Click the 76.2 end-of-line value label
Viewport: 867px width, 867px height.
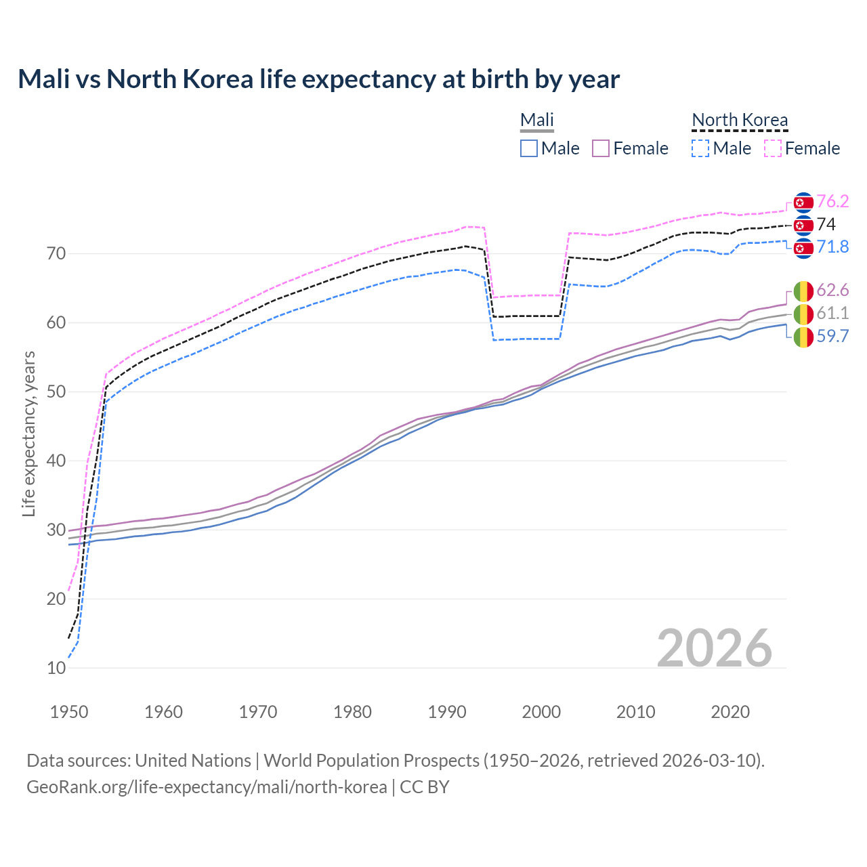(x=832, y=201)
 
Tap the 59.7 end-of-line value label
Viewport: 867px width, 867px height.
(x=832, y=336)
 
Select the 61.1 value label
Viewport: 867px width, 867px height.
(x=832, y=313)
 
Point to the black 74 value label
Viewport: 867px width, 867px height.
(x=826, y=224)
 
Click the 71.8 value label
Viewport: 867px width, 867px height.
(x=832, y=247)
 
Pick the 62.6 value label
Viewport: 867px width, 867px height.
(x=832, y=290)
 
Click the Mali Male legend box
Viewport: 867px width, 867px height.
(x=529, y=148)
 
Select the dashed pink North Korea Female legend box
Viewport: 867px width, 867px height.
(x=773, y=148)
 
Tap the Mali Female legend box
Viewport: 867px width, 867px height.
(x=601, y=148)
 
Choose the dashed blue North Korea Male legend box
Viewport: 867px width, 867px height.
(x=700, y=148)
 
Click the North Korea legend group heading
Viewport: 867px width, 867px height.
(x=740, y=120)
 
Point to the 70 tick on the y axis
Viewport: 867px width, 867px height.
(x=56, y=254)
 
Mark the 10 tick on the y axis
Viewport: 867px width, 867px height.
(x=56, y=668)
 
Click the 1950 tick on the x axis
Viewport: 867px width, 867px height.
(x=69, y=712)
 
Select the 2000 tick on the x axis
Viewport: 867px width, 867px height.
(x=541, y=712)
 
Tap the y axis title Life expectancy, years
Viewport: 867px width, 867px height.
(x=28, y=433)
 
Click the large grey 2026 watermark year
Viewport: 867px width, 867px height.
(x=715, y=648)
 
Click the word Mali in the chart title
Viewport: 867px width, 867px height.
(x=44, y=79)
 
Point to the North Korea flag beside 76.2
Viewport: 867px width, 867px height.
(x=803, y=202)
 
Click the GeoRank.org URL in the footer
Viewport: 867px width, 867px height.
(x=207, y=787)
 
